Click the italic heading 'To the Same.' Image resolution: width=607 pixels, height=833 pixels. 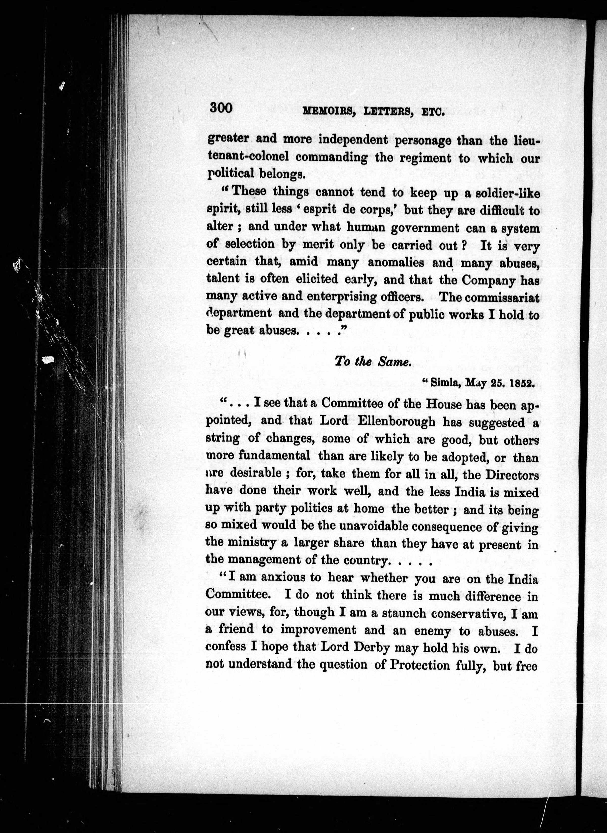click(372, 362)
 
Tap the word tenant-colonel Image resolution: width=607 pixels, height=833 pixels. click(248, 157)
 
